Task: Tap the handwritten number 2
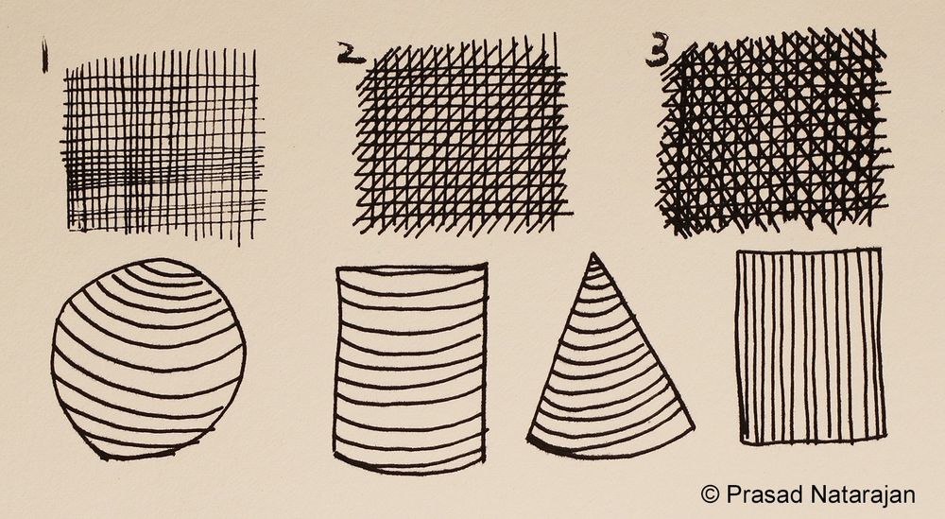352,55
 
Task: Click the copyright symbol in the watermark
710,493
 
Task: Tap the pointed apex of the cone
593,254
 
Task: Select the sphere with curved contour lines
148,359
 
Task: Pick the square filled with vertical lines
809,346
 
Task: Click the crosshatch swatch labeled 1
161,142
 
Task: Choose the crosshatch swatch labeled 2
463,137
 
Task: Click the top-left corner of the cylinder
336,270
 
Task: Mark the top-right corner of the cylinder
487,266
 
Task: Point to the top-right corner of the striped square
881,251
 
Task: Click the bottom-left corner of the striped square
741,441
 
